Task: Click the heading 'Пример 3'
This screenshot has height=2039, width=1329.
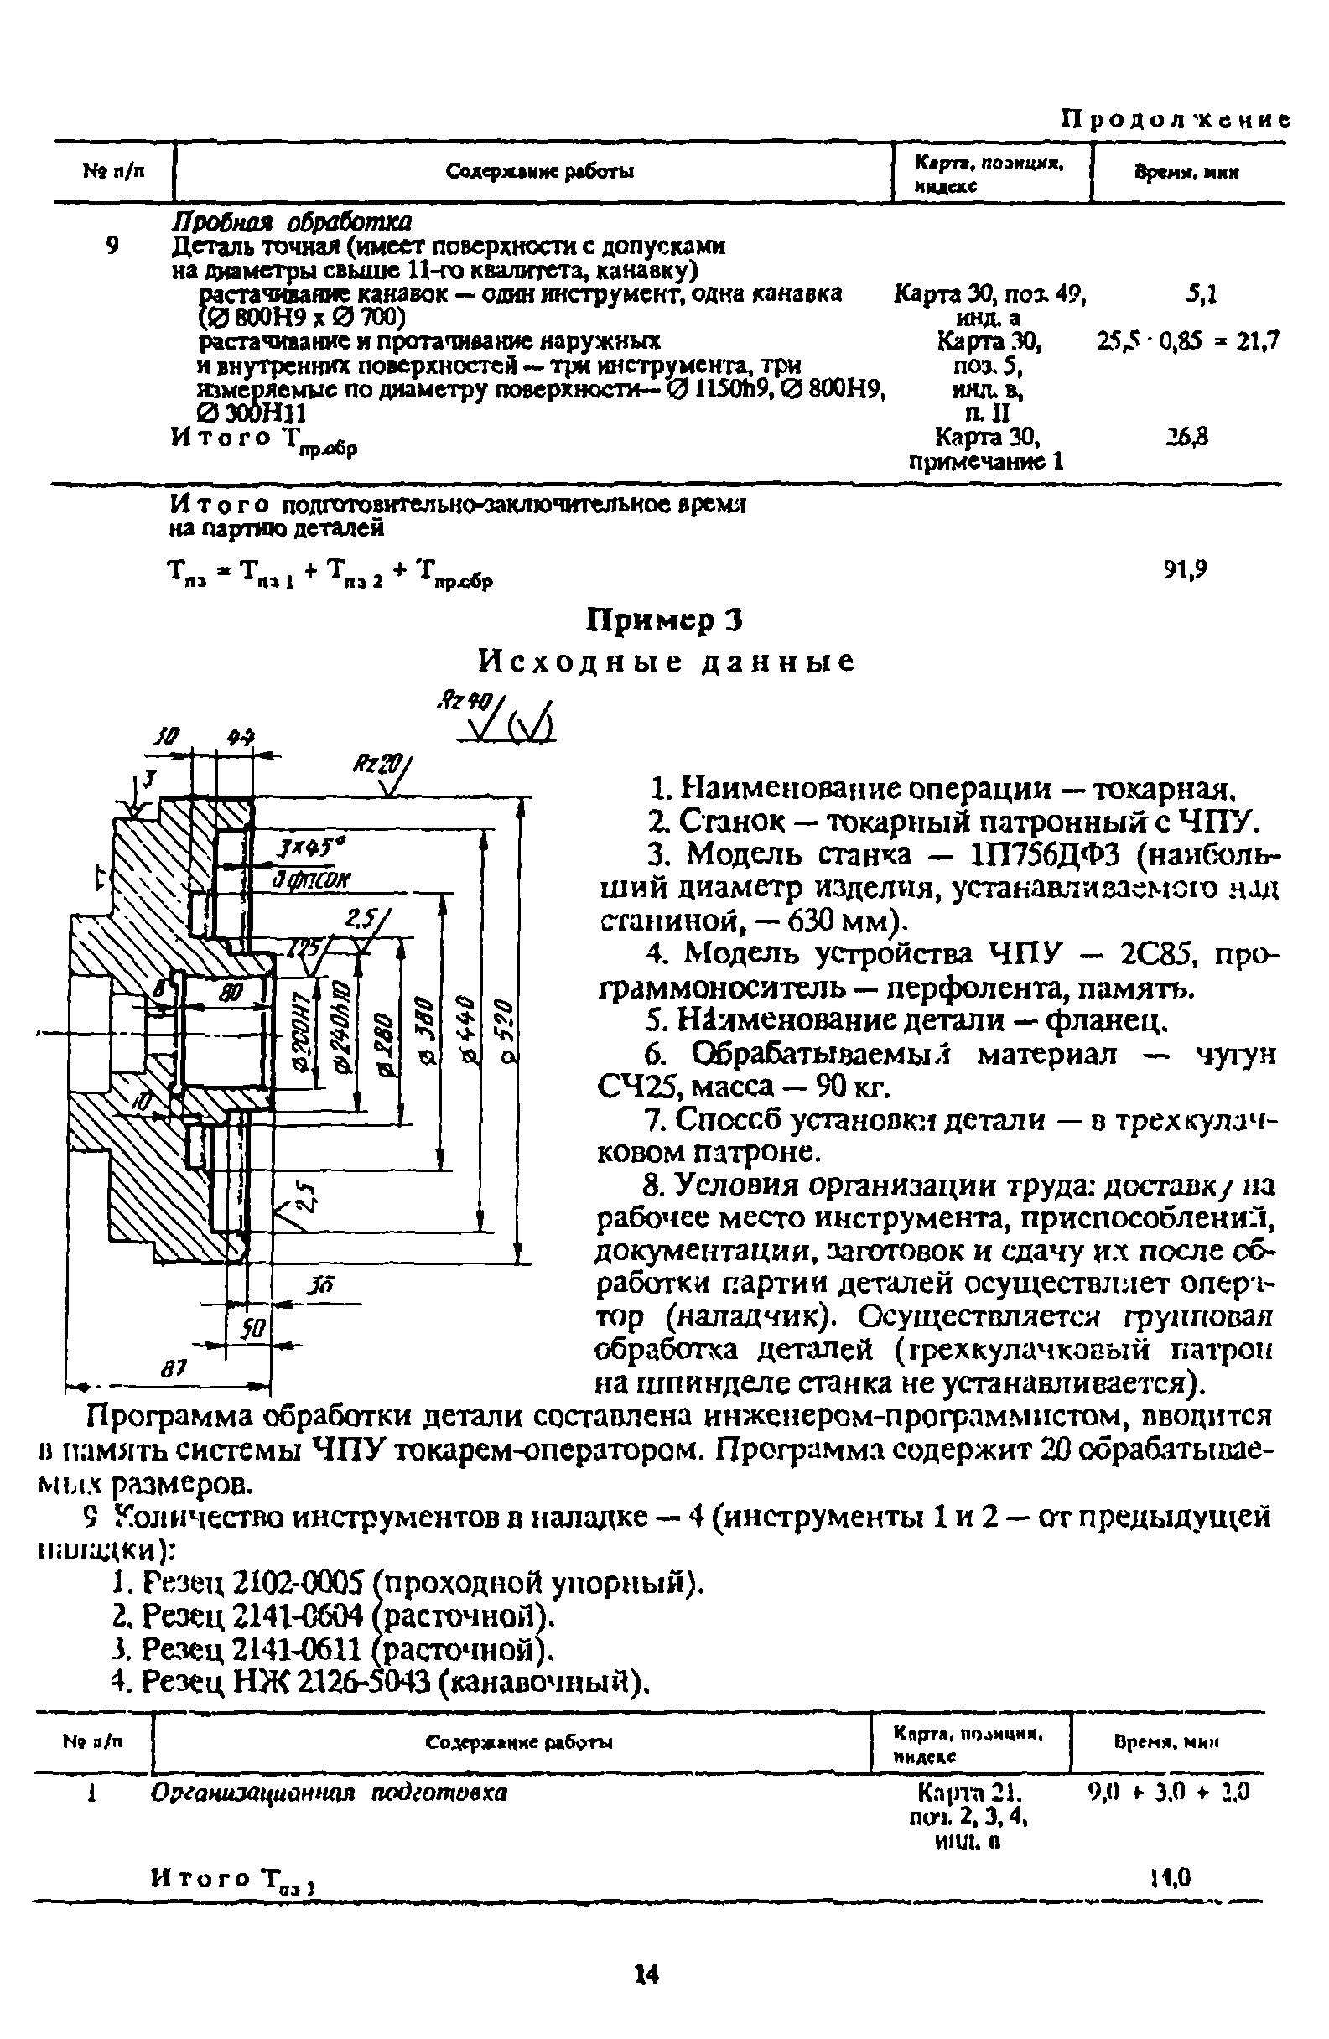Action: pos(664,620)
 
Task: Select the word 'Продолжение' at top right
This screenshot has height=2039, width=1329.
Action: pos(1175,119)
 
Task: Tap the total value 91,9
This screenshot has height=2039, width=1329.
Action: pos(1185,569)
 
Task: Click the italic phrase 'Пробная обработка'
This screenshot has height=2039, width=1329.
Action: pos(292,222)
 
